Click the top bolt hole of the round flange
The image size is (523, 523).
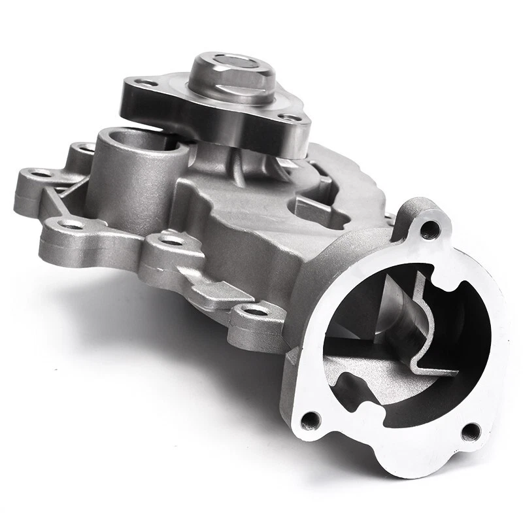430,229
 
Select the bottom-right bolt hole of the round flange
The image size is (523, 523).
470,431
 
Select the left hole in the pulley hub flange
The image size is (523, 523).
145,84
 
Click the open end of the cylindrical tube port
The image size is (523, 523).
141,140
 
